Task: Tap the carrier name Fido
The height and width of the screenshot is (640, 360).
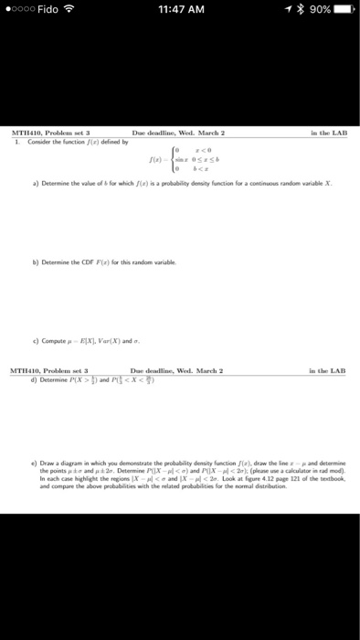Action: [51, 10]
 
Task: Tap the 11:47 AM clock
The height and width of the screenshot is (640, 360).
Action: [180, 10]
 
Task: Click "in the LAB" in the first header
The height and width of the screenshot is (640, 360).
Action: [327, 132]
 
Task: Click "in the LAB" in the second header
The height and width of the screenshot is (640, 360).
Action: [327, 344]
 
